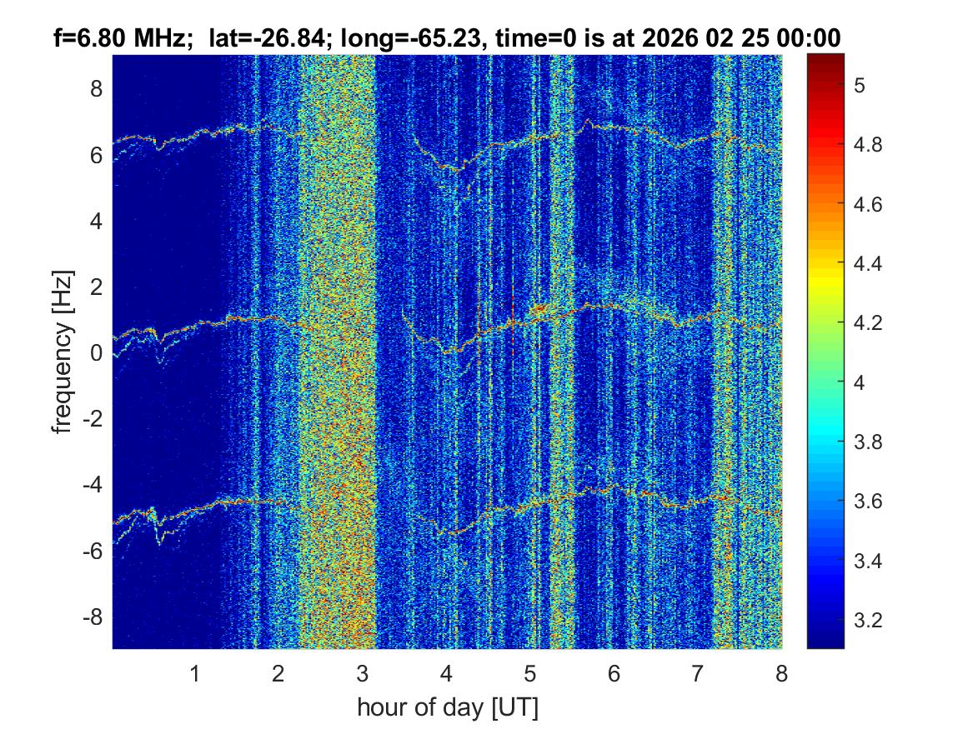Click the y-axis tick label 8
point(96,88)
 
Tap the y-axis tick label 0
point(96,353)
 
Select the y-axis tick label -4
point(93,485)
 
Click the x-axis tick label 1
point(195,673)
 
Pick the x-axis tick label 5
point(529,673)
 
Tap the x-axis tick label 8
point(780,673)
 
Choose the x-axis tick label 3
point(362,673)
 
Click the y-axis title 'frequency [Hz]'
point(62,352)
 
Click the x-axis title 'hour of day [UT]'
point(447,708)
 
